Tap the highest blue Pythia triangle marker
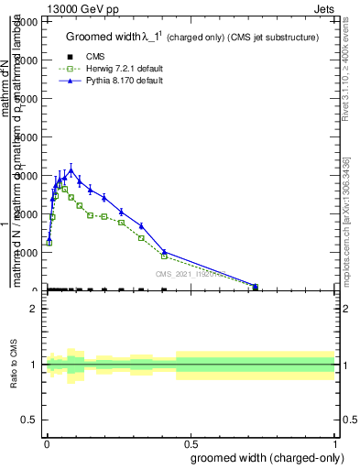[x=71, y=170]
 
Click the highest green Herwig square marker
[x=64, y=190]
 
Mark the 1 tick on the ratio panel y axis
[x=35, y=365]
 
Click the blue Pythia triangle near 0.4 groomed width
[x=164, y=251]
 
